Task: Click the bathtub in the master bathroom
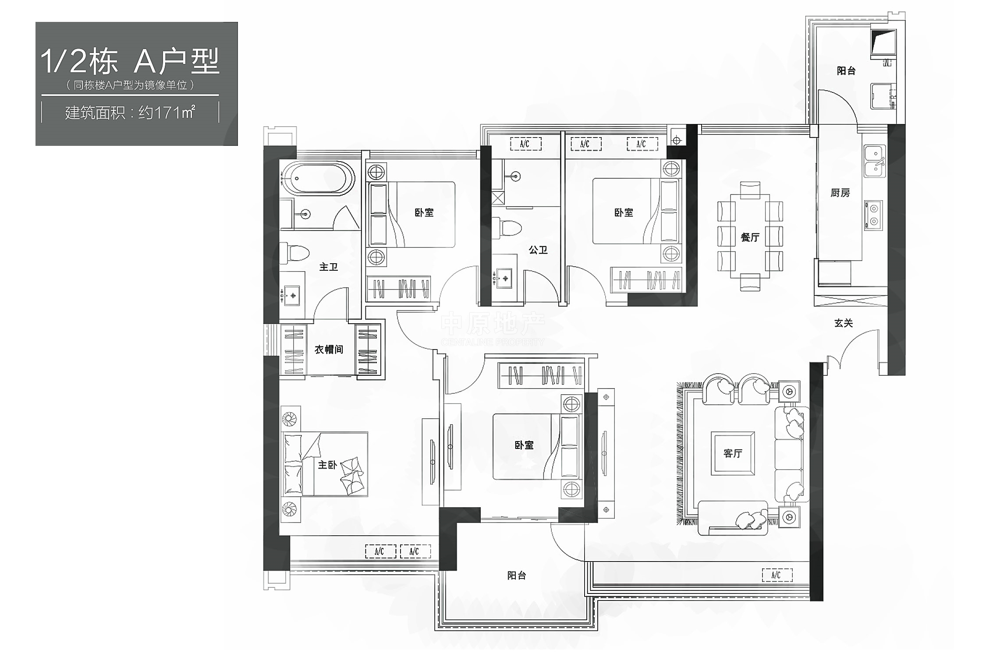click(317, 178)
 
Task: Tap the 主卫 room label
click(329, 267)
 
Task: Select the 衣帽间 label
click(329, 350)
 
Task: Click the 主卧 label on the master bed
click(327, 465)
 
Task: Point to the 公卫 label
click(538, 250)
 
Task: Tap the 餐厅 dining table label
click(750, 237)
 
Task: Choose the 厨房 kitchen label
click(840, 193)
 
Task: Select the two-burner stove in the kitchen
click(873, 215)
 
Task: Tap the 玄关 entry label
click(844, 323)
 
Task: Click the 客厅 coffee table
click(733, 453)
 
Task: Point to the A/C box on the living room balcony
click(777, 575)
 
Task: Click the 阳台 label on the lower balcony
click(517, 576)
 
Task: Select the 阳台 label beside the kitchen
click(846, 71)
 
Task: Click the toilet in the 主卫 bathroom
click(294, 254)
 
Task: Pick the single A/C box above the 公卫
click(525, 144)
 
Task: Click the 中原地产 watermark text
click(493, 323)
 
